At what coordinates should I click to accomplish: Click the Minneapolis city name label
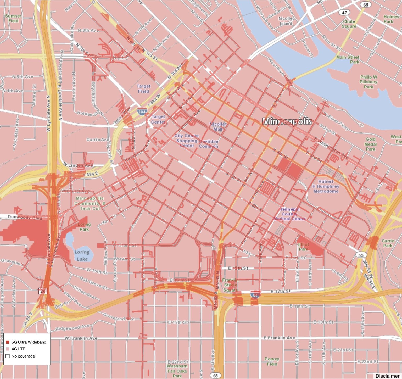[x=287, y=121]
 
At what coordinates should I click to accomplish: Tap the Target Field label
[x=143, y=89]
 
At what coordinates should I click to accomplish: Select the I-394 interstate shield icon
[x=142, y=112]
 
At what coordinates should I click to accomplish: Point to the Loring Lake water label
[x=82, y=255]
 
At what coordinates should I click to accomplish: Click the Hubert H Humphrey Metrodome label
[x=326, y=186]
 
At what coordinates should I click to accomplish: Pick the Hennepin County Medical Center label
[x=289, y=214]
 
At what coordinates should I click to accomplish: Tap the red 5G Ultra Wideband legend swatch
[x=8, y=342]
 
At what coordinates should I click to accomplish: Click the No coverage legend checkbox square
[x=8, y=356]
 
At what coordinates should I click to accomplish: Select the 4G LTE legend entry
[x=18, y=349]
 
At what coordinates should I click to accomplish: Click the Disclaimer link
[x=387, y=376]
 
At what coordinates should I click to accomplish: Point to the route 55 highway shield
[x=361, y=255]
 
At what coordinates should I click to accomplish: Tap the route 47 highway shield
[x=344, y=12]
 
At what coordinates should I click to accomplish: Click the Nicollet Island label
[x=286, y=21]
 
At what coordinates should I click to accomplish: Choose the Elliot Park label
[x=303, y=247]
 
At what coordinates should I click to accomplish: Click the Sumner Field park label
[x=13, y=18]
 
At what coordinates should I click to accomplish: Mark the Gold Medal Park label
[x=370, y=144]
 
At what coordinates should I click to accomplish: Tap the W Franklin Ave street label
[x=81, y=338]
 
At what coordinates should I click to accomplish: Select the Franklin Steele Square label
[x=230, y=285]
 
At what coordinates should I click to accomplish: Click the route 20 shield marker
[x=43, y=291]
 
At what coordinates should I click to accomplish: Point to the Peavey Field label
[x=272, y=361]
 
